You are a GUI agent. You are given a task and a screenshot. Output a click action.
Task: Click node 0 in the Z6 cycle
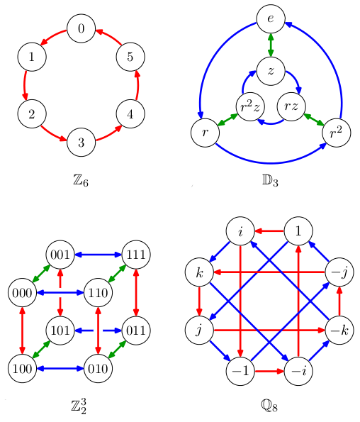coord(81,29)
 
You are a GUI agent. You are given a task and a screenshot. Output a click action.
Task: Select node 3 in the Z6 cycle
coord(81,143)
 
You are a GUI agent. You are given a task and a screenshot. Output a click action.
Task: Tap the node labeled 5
coord(130,57)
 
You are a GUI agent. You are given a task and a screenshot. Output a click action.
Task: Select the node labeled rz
coord(291,106)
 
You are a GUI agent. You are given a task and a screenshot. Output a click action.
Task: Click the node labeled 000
coord(22,292)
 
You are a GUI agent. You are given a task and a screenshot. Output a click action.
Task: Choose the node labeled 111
coord(137,253)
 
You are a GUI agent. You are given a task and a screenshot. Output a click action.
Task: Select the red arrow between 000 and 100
coord(22,329)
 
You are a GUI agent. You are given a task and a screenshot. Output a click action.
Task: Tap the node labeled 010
coord(99,367)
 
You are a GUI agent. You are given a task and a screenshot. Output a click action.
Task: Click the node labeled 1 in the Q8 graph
coord(299,231)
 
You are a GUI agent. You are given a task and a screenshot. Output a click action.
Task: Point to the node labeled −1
coord(242,370)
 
